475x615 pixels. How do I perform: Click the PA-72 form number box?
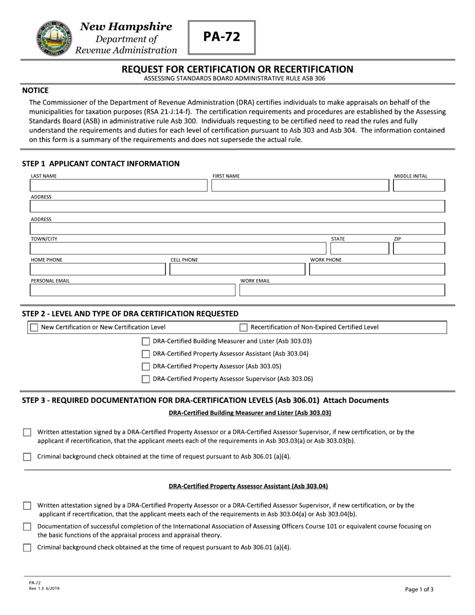click(221, 37)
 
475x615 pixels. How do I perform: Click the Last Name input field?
click(118, 186)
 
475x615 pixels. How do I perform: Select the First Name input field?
click(300, 186)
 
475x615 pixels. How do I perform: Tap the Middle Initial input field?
click(418, 186)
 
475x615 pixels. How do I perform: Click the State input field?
click(358, 248)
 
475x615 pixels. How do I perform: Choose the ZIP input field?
click(418, 248)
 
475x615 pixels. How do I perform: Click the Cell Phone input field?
click(237, 269)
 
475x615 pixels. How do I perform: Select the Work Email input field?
click(342, 290)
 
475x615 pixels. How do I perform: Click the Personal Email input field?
click(132, 290)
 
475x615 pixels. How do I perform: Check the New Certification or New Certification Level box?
click(34, 327)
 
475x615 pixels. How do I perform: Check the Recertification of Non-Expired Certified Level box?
click(243, 327)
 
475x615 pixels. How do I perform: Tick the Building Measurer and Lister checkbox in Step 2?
click(145, 341)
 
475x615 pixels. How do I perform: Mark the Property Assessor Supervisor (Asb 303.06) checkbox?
click(145, 379)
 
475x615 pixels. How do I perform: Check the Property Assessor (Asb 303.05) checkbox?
click(145, 366)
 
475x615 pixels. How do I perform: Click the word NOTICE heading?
click(35, 90)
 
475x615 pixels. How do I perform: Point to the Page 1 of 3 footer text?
click(419, 589)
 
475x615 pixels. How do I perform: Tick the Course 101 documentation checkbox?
click(27, 526)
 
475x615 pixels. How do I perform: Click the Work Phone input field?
click(376, 269)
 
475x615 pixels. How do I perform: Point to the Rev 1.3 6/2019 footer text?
click(44, 588)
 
